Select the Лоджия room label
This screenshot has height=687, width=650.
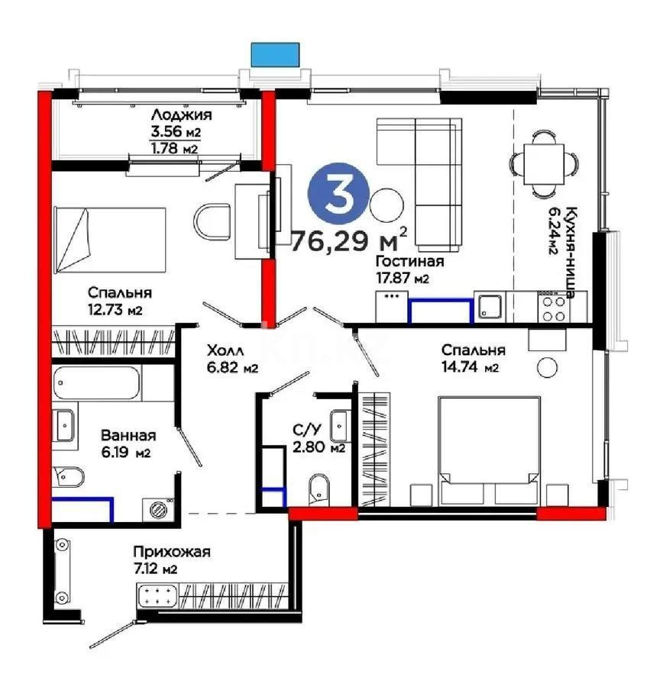tap(181, 115)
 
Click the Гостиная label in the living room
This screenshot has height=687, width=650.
tap(409, 262)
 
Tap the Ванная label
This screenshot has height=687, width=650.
tap(128, 436)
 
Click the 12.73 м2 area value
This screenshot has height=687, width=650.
tap(115, 310)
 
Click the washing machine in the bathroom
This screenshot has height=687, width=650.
tap(159, 508)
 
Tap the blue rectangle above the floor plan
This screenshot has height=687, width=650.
tap(275, 53)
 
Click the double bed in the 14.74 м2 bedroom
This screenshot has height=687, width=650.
tap(488, 450)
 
